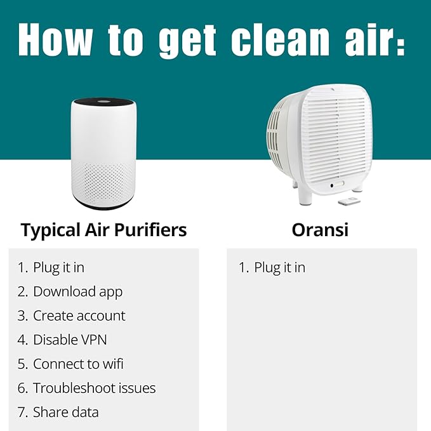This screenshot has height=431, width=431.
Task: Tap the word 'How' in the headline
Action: point(56,40)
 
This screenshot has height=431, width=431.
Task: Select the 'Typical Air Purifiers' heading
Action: point(103,230)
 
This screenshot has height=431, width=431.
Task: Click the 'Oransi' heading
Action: point(320,230)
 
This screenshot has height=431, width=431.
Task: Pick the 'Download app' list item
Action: point(77,292)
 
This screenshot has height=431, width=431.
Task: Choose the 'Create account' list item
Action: point(79,316)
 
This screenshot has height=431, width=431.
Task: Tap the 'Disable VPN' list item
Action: point(70,340)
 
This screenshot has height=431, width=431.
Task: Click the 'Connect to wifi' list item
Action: point(78,364)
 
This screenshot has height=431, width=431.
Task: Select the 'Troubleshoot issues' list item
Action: point(94,388)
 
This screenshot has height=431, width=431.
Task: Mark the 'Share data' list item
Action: point(65,413)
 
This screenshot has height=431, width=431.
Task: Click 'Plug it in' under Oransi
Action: point(279,268)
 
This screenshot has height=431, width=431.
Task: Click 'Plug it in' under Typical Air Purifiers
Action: point(58,268)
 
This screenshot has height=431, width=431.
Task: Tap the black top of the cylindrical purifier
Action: point(103,101)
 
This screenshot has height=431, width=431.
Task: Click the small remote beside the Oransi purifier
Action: point(348,202)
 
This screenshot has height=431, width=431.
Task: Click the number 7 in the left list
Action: point(22,413)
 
